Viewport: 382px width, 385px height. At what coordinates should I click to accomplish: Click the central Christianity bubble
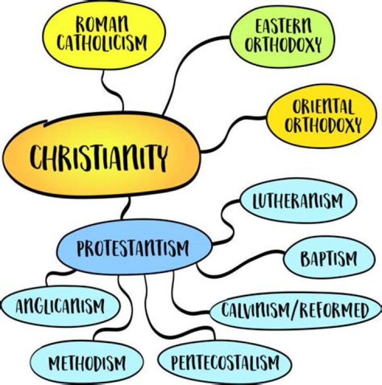pyautogui.click(x=102, y=154)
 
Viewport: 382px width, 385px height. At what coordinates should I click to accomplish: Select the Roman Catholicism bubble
pyautogui.click(x=104, y=35)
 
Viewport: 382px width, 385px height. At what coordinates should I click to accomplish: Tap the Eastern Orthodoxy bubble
pyautogui.click(x=282, y=37)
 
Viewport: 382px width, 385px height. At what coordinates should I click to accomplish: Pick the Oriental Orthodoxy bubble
pyautogui.click(x=322, y=116)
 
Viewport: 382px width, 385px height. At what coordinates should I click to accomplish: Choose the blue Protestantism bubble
pyautogui.click(x=134, y=247)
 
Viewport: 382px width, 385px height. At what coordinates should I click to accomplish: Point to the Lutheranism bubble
pyautogui.click(x=299, y=200)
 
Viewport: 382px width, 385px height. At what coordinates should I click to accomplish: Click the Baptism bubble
pyautogui.click(x=329, y=258)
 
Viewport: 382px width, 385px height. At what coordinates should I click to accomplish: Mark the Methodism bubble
pyautogui.click(x=86, y=363)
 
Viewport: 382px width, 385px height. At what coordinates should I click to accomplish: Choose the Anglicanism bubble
pyautogui.click(x=60, y=306)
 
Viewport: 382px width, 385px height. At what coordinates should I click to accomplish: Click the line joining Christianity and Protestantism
pyautogui.click(x=126, y=208)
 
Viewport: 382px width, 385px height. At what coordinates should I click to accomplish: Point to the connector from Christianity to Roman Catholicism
pyautogui.click(x=112, y=90)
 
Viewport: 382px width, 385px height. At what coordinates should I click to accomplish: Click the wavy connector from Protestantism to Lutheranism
pyautogui.click(x=227, y=222)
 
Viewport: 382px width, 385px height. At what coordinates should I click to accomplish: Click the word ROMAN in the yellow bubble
pyautogui.click(x=102, y=24)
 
